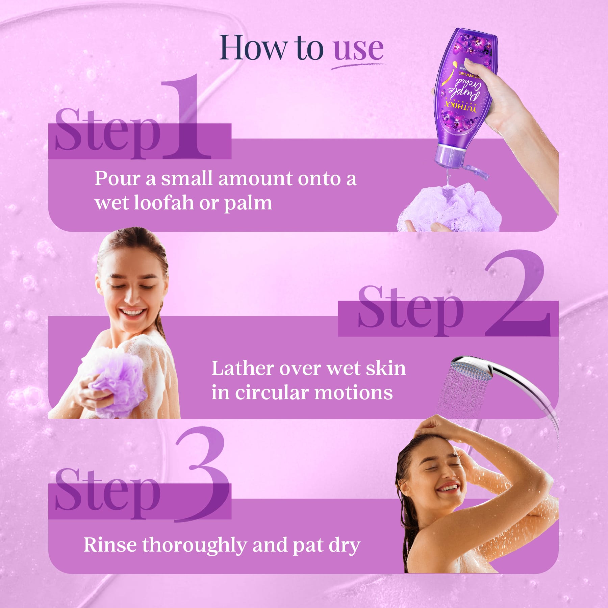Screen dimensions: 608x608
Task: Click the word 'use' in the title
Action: pos(358,49)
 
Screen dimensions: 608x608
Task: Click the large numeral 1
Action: pos(186,118)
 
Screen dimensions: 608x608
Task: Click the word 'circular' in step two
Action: pos(272,393)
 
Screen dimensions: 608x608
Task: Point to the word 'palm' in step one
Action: pos(248,203)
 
